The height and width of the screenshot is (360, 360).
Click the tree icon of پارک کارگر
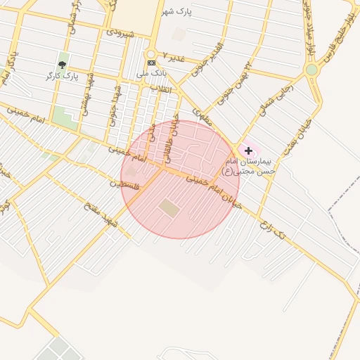(x=63, y=65)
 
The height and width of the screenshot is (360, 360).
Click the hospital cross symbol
(x=248, y=150)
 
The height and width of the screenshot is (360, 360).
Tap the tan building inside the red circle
(x=169, y=207)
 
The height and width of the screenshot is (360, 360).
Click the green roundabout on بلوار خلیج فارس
(x=311, y=70)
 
